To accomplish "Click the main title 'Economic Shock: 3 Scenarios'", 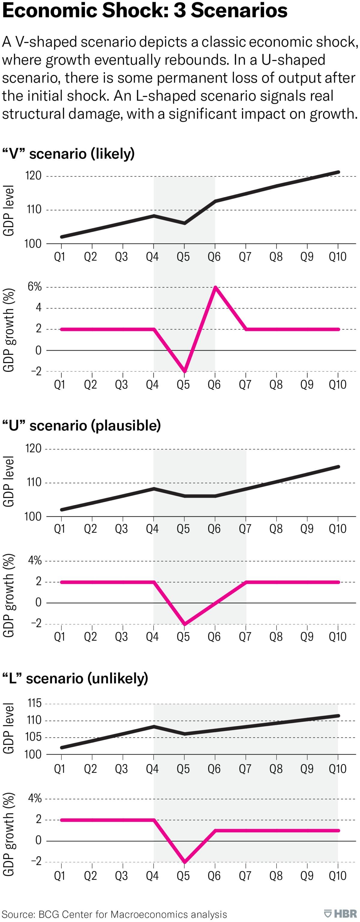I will pyautogui.click(x=145, y=11).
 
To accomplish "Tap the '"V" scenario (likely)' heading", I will pyautogui.click(x=68, y=154).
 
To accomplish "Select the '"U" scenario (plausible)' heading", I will pyautogui.click(x=81, y=425).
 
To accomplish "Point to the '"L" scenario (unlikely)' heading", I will pyautogui.click(x=75, y=678).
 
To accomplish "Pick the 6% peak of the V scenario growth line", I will pyautogui.click(x=215, y=287).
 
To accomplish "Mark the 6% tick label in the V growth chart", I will pyautogui.click(x=34, y=287).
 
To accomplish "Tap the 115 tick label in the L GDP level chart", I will pyautogui.click(x=34, y=704).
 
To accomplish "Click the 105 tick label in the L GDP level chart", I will pyautogui.click(x=34, y=737).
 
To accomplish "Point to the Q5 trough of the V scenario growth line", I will pyautogui.click(x=184, y=371).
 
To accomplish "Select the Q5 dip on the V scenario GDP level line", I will pyautogui.click(x=184, y=223).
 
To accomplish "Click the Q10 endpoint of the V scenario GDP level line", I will pyautogui.click(x=338, y=172).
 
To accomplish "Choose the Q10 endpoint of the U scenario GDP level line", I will pyautogui.click(x=338, y=467).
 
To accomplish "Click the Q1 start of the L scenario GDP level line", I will pyautogui.click(x=61, y=747).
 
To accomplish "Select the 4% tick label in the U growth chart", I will pyautogui.click(x=35, y=561).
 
